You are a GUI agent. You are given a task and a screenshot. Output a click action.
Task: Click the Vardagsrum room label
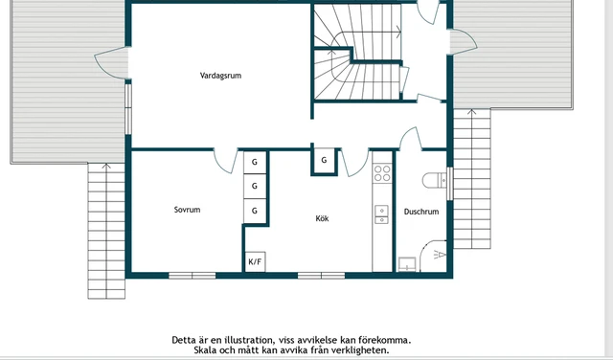coord(220,76)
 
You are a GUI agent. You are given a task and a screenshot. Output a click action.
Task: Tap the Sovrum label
coord(188,210)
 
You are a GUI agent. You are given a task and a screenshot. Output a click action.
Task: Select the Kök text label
coord(322,218)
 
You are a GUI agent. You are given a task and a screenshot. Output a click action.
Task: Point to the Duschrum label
coord(421,212)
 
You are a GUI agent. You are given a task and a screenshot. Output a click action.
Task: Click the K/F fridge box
coord(255,261)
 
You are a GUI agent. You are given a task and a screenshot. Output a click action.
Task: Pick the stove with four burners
coord(382,173)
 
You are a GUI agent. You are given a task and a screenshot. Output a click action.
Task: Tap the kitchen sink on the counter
coord(381,214)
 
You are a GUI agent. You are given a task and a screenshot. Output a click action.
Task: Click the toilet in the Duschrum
coord(434,181)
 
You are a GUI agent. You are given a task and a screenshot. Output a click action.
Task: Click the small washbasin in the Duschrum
coord(407,264)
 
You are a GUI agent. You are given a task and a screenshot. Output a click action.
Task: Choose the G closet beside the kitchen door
coord(324,160)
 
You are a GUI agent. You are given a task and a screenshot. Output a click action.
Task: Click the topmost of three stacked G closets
coord(255,162)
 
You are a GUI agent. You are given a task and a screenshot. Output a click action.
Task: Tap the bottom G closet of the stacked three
coord(255,211)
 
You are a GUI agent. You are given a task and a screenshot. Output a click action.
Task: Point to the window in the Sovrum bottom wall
coord(192,276)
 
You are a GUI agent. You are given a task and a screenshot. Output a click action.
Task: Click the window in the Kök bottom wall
coord(322,276)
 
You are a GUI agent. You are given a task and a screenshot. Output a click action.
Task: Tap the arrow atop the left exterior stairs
coord(106,167)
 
